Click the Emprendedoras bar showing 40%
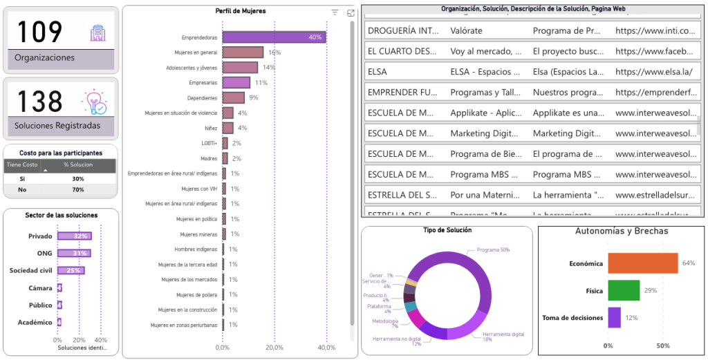pyautogui.click(x=274, y=37)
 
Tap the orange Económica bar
pyautogui.click(x=642, y=263)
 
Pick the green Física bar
pyautogui.click(x=624, y=290)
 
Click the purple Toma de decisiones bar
pyautogui.click(x=614, y=318)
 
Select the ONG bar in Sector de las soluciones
pyautogui.click(x=73, y=253)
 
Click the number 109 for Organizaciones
pyautogui.click(x=39, y=32)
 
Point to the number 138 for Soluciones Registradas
pyautogui.click(x=39, y=102)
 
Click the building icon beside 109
pyautogui.click(x=96, y=32)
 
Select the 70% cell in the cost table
pyautogui.click(x=78, y=189)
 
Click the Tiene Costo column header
pyautogui.click(x=22, y=164)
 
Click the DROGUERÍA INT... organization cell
pyautogui.click(x=403, y=30)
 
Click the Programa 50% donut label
pyautogui.click(x=493, y=249)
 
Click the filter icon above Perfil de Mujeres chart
pyautogui.click(x=335, y=12)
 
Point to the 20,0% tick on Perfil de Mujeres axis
pyautogui.click(x=274, y=348)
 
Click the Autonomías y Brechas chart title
pyautogui.click(x=622, y=231)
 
